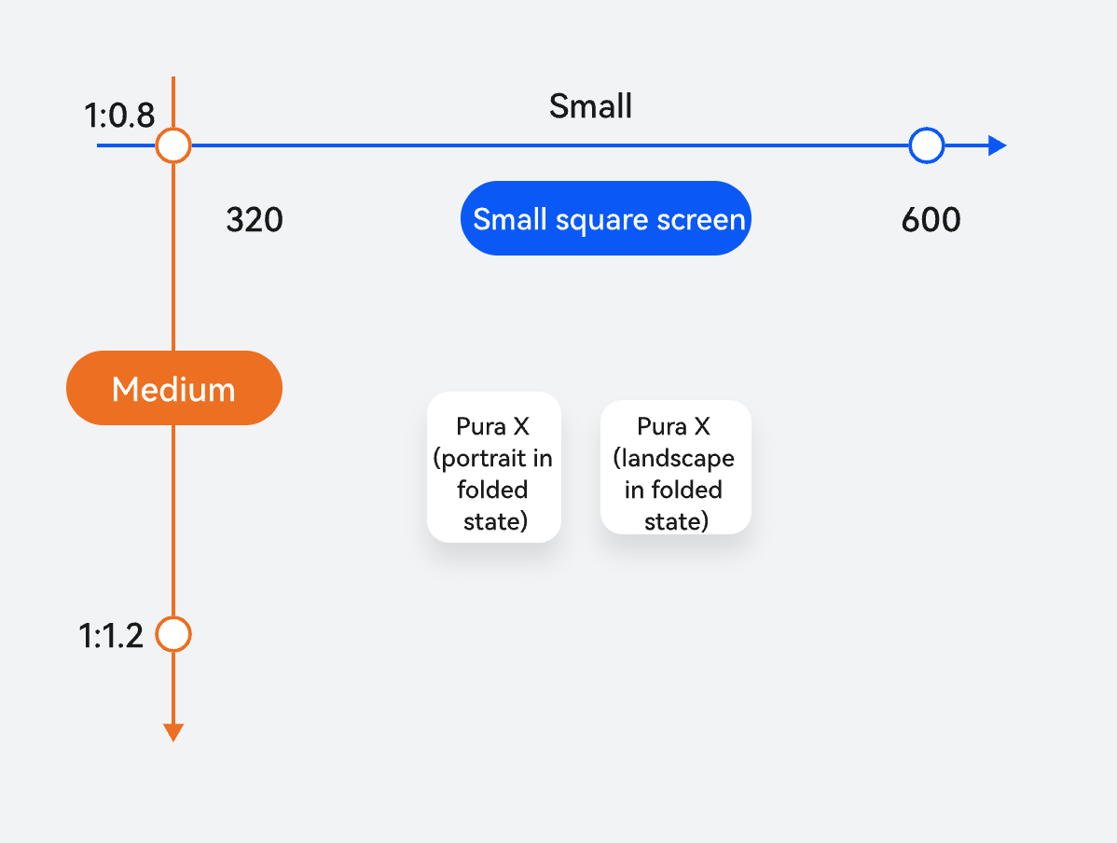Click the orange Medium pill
[173, 388]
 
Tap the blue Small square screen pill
[605, 218]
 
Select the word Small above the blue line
[590, 106]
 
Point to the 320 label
[255, 219]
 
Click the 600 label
[931, 219]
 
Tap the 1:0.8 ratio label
[119, 116]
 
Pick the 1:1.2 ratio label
[110, 636]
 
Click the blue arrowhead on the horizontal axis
[998, 145]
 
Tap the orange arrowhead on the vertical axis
[173, 732]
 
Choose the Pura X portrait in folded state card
[493, 467]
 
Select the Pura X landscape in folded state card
[675, 467]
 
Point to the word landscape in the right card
[674, 458]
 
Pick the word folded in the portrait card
[492, 490]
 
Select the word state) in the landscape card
[676, 521]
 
